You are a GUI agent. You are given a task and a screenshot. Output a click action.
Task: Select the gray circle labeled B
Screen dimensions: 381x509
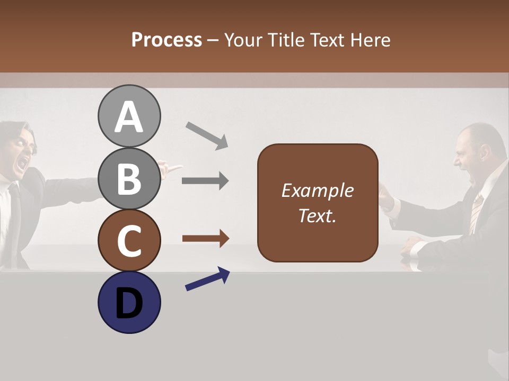129,178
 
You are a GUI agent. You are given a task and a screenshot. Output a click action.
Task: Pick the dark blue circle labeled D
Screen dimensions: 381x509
129,302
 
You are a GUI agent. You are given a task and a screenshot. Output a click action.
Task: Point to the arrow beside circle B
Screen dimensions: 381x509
205,181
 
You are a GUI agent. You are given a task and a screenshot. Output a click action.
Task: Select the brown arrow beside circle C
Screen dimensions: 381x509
205,239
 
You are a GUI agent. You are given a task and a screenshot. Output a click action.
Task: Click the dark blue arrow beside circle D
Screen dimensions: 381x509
207,279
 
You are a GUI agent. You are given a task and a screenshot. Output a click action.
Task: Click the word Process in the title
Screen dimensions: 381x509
166,40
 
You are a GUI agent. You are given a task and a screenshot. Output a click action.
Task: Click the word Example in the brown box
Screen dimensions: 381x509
317,190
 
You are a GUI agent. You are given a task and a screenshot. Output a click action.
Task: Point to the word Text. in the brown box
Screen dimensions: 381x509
317,216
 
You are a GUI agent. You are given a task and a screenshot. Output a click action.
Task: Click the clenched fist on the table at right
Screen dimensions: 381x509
413,244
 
